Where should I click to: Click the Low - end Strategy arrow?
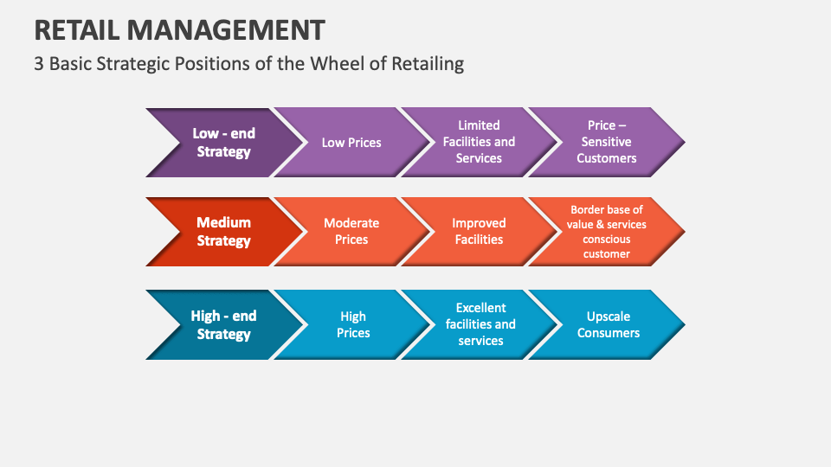(x=223, y=143)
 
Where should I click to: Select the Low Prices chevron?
(x=351, y=143)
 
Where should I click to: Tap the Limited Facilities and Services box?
(x=479, y=142)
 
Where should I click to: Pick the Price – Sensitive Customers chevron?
(x=607, y=142)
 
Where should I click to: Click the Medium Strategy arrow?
(x=223, y=232)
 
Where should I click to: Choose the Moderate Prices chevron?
(x=351, y=232)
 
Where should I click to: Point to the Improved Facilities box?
(x=479, y=232)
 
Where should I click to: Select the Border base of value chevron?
(x=607, y=232)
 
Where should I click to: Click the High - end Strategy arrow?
(x=223, y=325)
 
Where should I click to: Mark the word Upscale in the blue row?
(x=609, y=317)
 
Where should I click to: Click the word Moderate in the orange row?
(x=351, y=223)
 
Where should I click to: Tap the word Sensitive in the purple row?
(x=607, y=142)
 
